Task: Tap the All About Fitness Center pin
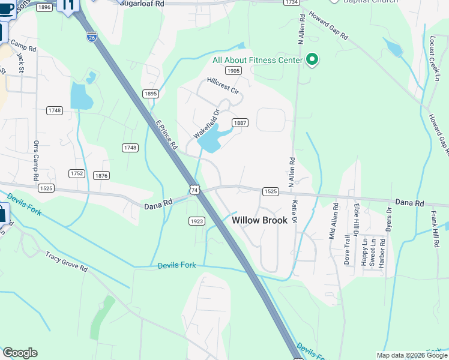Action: (312, 59)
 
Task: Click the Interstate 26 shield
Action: (91, 37)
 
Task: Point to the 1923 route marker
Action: (197, 221)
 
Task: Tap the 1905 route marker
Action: (234, 71)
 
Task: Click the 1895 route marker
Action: (151, 94)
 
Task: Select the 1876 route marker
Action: (101, 175)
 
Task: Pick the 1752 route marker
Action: (76, 173)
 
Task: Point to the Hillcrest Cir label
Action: (223, 86)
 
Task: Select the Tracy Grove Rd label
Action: (66, 262)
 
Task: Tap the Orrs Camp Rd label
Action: (36, 161)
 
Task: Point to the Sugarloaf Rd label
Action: (142, 3)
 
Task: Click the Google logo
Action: (20, 353)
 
